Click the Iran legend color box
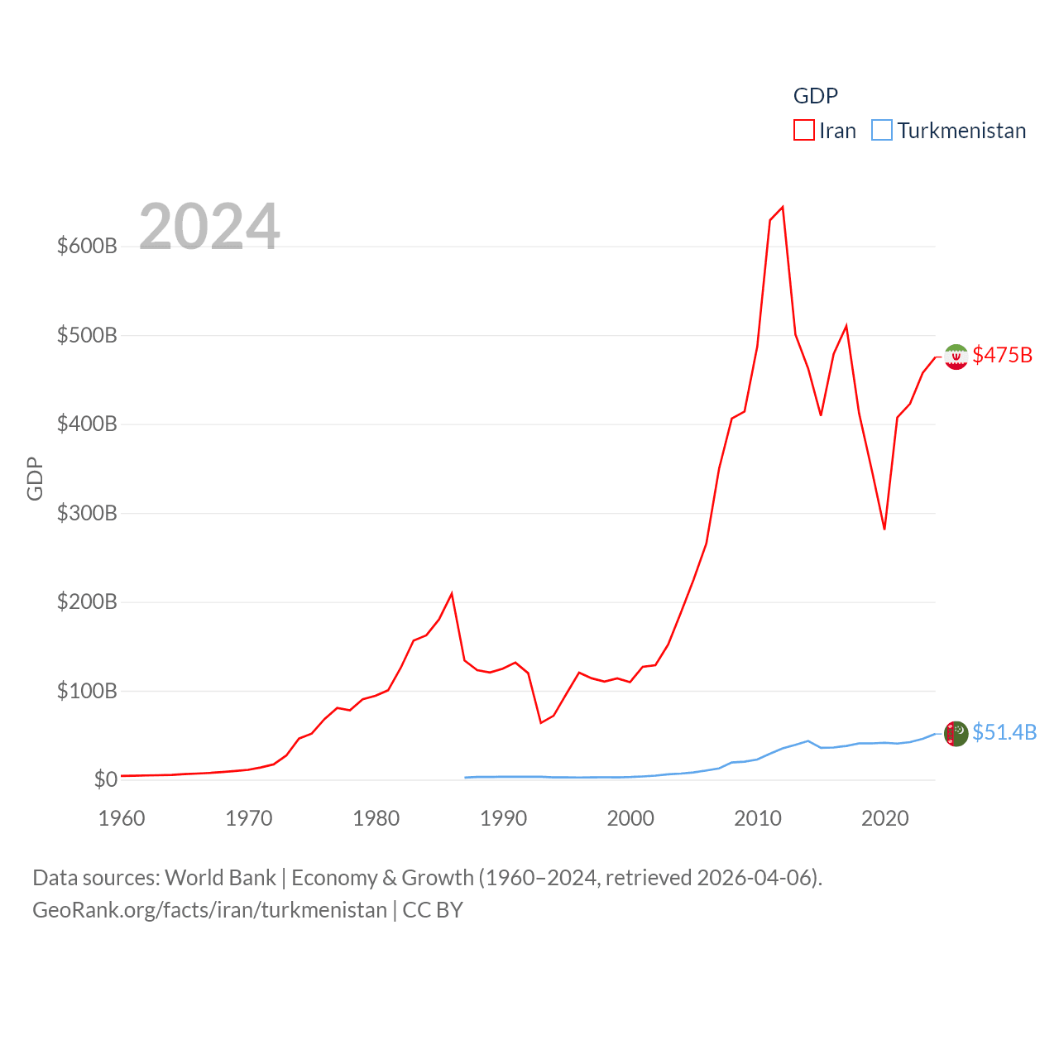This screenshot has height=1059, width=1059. [804, 131]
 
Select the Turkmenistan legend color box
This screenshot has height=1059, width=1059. [882, 131]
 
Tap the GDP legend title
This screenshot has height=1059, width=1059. [816, 96]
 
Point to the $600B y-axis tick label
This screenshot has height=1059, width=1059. [87, 246]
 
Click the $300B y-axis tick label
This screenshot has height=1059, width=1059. [87, 513]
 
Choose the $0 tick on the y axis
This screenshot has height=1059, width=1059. [105, 779]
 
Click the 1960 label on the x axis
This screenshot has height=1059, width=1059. [122, 818]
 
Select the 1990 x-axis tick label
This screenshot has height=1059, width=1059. [503, 818]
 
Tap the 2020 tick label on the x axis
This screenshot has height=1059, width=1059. [884, 818]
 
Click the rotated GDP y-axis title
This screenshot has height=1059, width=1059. [35, 478]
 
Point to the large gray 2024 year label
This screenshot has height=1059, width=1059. [209, 227]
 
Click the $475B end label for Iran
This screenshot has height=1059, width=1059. [1002, 355]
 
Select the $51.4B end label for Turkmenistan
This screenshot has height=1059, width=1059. [1004, 732]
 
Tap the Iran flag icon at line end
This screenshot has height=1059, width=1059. [956, 357]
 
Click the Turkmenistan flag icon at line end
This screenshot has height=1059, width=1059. [956, 733]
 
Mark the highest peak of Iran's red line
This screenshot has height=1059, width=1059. [783, 207]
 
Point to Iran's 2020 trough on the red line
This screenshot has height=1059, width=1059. [884, 529]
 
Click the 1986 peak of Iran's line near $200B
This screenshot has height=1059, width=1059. [452, 593]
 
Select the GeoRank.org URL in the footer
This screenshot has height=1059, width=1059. [209, 910]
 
